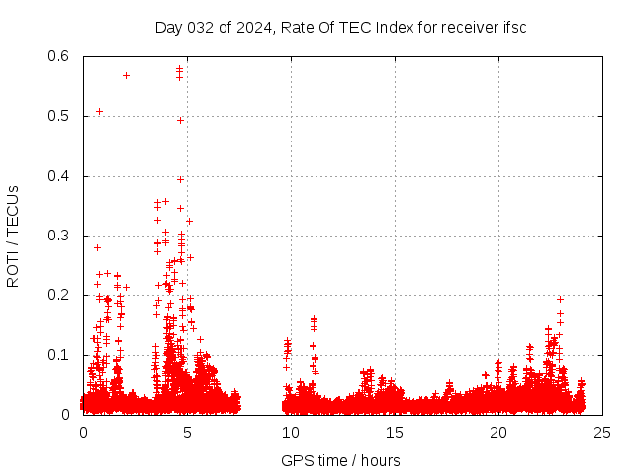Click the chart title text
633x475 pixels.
click(340, 27)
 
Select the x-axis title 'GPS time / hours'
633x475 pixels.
click(340, 460)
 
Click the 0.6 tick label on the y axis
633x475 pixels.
click(58, 57)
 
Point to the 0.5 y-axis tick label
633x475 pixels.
click(58, 117)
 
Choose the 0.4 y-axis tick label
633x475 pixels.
click(58, 176)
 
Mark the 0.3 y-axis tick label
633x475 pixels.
click(58, 236)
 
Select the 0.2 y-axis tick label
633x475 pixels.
click(58, 295)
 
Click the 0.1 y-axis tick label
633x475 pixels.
click(58, 354)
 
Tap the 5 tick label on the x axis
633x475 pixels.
click(187, 432)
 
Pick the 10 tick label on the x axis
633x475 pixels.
click(291, 432)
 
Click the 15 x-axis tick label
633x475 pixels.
click(395, 432)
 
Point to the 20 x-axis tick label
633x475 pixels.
click(498, 432)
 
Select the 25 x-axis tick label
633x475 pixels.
click(602, 432)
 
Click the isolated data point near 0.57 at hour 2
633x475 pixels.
click(126, 75)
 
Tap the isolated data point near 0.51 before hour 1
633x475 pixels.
click(99, 111)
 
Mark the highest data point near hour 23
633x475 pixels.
click(560, 299)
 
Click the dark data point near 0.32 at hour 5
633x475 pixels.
click(189, 221)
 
